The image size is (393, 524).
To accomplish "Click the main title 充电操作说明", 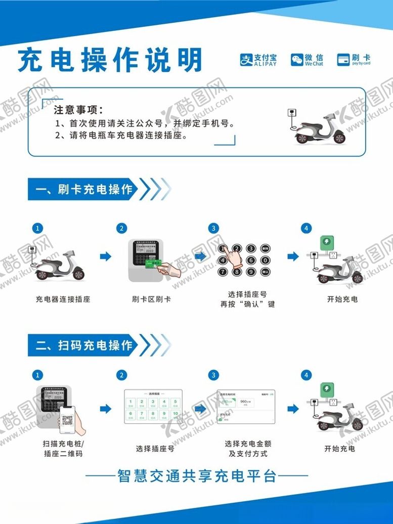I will point(110,61).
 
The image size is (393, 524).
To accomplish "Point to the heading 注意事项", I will point(78,110).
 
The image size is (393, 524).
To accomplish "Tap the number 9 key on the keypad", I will point(251,272).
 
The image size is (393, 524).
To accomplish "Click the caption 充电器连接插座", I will point(63,299).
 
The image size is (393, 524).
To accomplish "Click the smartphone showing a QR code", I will point(67,419).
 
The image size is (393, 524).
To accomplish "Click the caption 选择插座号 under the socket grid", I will point(155,449).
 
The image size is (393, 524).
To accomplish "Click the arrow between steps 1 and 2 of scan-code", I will point(105,409).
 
